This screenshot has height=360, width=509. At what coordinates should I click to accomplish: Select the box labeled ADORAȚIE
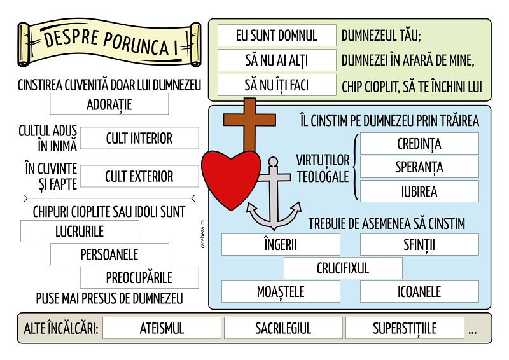(x=109, y=104)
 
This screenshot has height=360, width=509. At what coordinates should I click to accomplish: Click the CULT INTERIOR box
(x=139, y=138)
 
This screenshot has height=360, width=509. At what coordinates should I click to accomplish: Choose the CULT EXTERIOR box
(x=139, y=176)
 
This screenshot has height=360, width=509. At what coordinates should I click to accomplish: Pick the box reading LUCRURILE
(x=80, y=231)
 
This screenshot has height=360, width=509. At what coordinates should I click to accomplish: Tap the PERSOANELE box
(x=109, y=254)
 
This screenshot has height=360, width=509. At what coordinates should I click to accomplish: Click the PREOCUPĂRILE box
(x=139, y=278)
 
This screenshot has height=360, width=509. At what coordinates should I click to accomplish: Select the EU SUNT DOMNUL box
(x=276, y=36)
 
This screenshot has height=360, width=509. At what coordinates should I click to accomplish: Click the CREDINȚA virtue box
(x=419, y=144)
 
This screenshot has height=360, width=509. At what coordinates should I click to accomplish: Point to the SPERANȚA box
(x=419, y=167)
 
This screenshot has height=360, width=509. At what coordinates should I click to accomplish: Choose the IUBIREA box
(x=419, y=191)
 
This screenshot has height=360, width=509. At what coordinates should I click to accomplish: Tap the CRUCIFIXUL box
(x=343, y=268)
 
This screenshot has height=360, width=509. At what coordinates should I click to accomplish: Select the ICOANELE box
(x=419, y=292)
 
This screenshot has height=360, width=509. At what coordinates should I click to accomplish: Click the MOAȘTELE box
(x=281, y=292)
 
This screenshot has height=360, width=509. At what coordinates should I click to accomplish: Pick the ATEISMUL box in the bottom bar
(x=162, y=328)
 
